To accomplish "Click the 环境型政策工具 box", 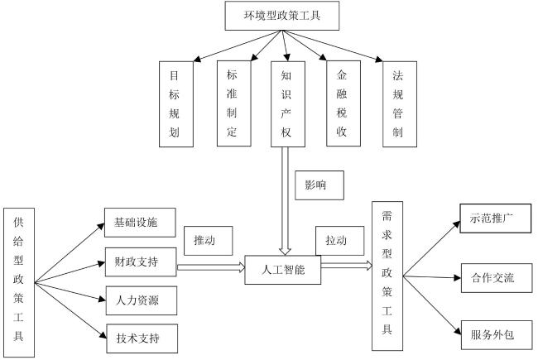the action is point(282,16).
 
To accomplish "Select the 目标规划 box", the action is point(176,104).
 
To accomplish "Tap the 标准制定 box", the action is point(234,103).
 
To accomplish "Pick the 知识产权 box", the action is point(288,104).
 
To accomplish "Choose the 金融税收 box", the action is point(343,103).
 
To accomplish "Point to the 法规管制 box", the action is point(400,104).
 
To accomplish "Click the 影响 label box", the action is point(319,185).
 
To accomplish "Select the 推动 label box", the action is point(209,241).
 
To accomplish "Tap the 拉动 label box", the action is point(339,241).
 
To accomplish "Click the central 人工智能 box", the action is point(283,270).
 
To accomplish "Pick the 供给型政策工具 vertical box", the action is point(19,282).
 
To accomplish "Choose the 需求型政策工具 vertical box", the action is point(387,276).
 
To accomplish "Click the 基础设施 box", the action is point(140,223).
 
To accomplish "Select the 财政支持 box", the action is point(141,262).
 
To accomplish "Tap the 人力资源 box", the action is point(142,300).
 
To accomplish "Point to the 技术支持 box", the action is point(142,338).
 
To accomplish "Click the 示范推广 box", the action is point(496,218).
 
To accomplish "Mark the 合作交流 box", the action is point(497,278).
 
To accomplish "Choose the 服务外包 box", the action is point(497,335).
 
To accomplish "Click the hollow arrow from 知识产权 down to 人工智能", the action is point(285,201).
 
